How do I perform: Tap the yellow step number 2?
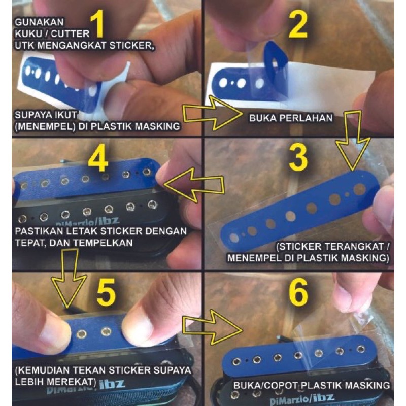click(297, 25)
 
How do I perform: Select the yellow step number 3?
click(298, 157)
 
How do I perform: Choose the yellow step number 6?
click(298, 291)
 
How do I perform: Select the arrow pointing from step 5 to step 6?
click(212, 327)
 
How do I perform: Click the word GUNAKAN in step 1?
click(39, 22)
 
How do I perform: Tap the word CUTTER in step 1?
click(70, 33)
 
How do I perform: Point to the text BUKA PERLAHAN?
click(291, 118)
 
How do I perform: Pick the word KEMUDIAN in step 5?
click(47, 370)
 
